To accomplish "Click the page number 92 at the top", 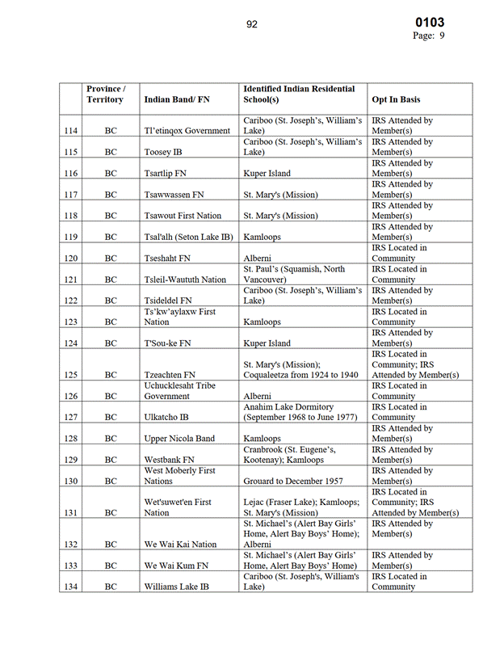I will [x=252, y=24].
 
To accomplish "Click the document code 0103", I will [x=430, y=23].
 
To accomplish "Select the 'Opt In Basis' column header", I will [x=396, y=99].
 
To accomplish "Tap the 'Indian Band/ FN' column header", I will [x=177, y=99].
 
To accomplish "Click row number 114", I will [x=69, y=131].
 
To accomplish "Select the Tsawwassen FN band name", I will [x=172, y=195].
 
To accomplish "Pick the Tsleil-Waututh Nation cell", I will [x=185, y=280].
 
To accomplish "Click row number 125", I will [x=69, y=375].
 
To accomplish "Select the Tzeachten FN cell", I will [x=170, y=375].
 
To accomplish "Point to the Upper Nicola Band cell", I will [x=179, y=439].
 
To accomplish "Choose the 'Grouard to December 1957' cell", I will [x=292, y=481].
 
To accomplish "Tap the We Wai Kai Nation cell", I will [x=180, y=545].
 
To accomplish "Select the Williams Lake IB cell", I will [x=177, y=587].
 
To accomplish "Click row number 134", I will [x=69, y=587].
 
